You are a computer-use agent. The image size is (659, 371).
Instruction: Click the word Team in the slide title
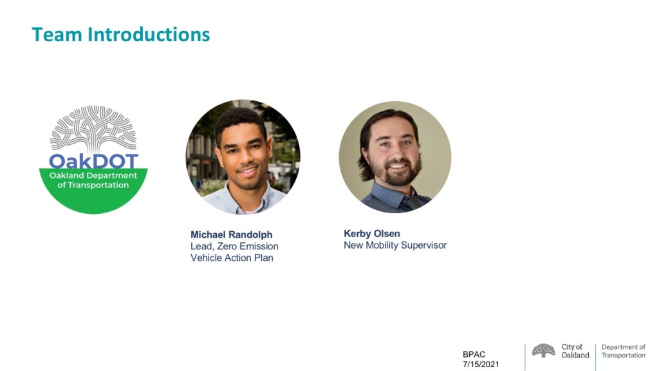click(57, 35)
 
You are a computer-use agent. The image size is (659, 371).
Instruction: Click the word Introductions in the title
click(149, 35)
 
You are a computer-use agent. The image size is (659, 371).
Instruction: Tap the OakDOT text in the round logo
click(93, 161)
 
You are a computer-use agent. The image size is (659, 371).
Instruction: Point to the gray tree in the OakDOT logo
click(93, 129)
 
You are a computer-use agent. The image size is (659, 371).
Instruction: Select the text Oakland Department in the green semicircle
click(93, 175)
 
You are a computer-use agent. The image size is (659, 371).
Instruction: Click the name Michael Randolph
click(231, 234)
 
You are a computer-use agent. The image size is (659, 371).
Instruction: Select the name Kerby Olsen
click(372, 233)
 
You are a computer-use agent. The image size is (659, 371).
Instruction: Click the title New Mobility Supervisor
click(395, 245)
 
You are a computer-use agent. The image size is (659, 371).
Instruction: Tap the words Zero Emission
click(248, 246)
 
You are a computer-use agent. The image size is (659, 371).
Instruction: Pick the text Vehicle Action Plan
click(232, 258)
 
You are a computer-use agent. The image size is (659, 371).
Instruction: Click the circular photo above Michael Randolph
click(243, 157)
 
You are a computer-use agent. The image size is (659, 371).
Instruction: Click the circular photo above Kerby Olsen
click(395, 157)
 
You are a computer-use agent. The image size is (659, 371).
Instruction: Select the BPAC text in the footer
click(474, 355)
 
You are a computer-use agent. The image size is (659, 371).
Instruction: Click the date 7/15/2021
click(481, 365)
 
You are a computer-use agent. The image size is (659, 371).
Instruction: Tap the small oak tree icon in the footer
click(543, 350)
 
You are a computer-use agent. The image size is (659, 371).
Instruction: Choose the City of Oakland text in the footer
click(575, 351)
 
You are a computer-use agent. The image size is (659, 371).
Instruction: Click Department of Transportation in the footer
click(623, 351)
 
